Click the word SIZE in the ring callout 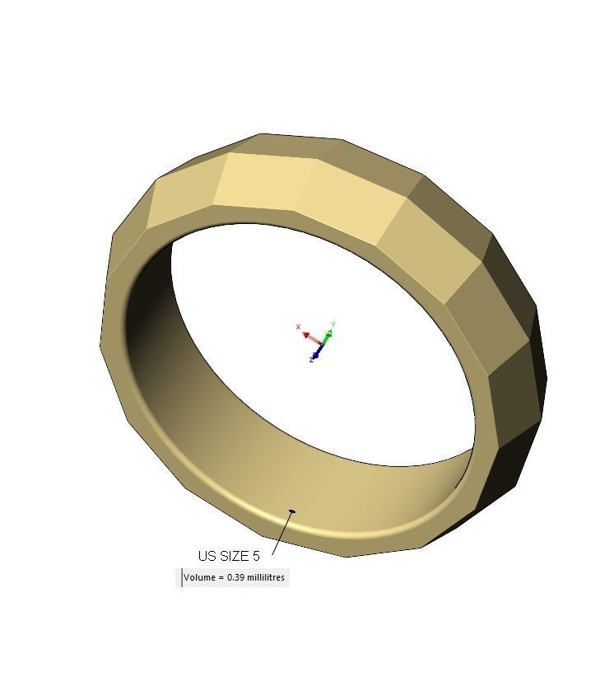(233, 556)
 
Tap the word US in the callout (207, 556)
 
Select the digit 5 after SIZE (256, 556)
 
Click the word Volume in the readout (198, 577)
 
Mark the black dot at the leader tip (292, 511)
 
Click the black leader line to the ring (281, 534)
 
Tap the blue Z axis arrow (317, 352)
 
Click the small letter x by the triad (298, 327)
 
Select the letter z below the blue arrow (311, 360)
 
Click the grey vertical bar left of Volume (182, 577)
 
